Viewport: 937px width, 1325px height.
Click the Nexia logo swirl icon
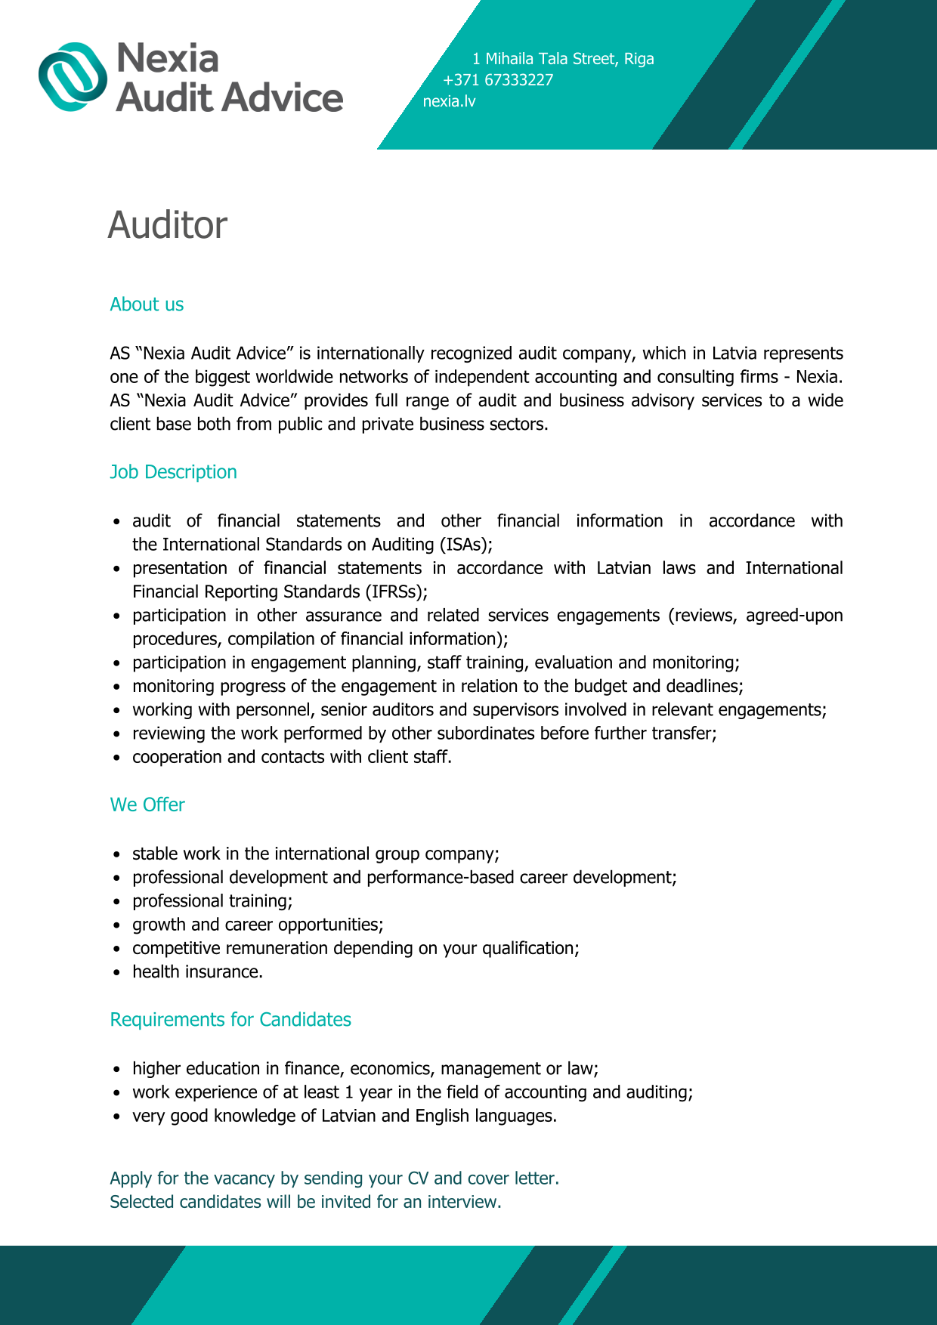click(73, 77)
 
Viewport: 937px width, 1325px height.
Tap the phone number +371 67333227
click(498, 80)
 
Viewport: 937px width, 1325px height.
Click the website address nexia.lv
click(450, 101)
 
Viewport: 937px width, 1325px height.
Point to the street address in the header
click(563, 59)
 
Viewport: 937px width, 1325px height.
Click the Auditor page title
click(167, 225)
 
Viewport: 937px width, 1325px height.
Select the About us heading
click(147, 304)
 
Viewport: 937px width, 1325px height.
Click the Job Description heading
click(173, 472)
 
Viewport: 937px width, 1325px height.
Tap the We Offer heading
click(147, 805)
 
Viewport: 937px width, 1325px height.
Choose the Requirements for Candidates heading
click(230, 1020)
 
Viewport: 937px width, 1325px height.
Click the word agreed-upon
click(794, 616)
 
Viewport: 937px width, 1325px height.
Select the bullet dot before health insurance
click(116, 973)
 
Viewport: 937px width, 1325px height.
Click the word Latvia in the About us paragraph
click(735, 354)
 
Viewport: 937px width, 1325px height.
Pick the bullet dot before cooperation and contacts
click(116, 758)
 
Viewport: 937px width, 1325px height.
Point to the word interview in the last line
click(462, 1202)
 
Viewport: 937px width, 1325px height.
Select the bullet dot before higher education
click(116, 1070)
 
